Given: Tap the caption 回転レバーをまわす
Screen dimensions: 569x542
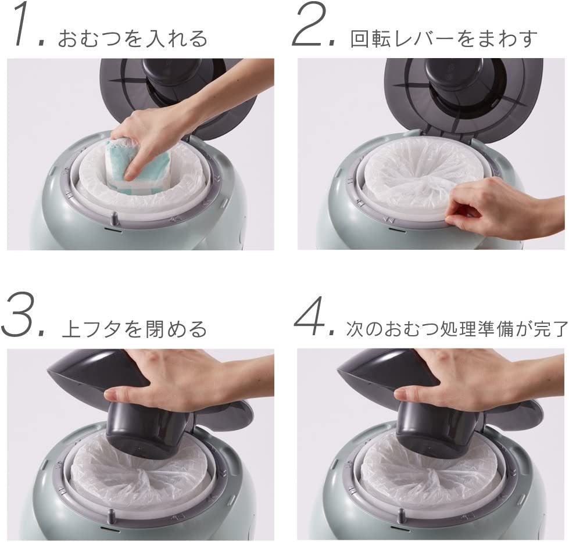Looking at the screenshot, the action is pyautogui.click(x=443, y=38).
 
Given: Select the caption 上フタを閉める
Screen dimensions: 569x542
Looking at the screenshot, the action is pyautogui.click(x=134, y=329).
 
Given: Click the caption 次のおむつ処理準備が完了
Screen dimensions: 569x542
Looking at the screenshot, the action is pyautogui.click(x=456, y=329).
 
